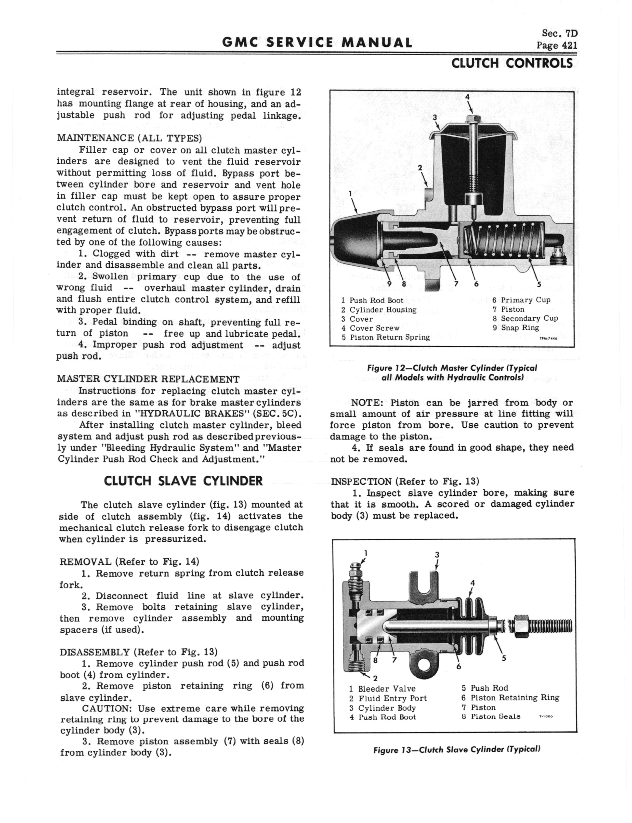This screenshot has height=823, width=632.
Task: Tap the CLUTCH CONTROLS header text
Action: (x=512, y=63)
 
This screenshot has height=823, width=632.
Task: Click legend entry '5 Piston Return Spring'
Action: (x=386, y=337)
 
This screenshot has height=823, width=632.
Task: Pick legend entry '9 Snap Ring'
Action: (x=516, y=328)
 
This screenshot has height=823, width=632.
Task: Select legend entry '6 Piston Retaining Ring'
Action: (x=510, y=698)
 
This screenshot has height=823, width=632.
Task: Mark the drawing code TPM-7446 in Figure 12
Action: (x=548, y=338)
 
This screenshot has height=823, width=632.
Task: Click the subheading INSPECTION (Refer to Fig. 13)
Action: (x=404, y=481)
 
